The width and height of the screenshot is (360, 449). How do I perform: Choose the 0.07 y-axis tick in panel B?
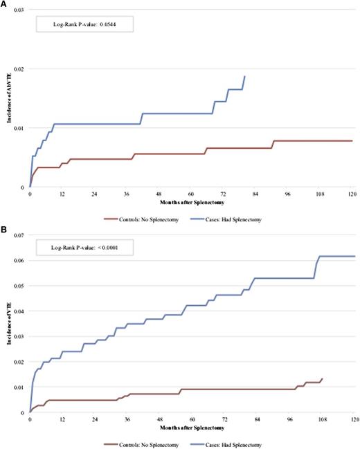pyautogui.click(x=17, y=236)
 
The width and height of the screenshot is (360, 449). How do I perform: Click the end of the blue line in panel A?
pyautogui.click(x=244, y=76)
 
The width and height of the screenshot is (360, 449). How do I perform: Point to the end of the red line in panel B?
pyautogui.click(x=322, y=378)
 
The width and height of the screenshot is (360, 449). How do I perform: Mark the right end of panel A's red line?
pyautogui.click(x=352, y=140)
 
